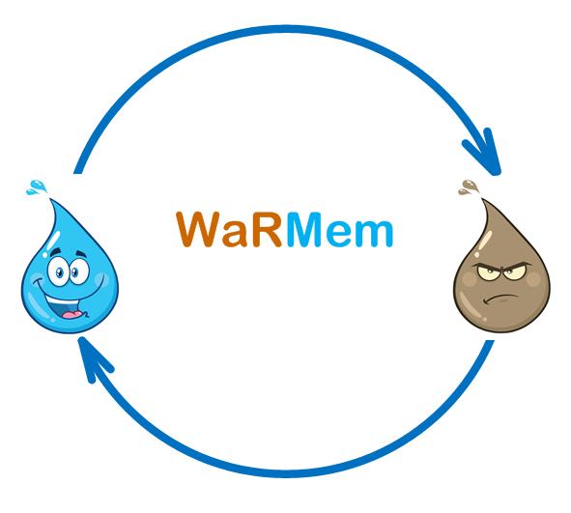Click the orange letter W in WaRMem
click(x=198, y=229)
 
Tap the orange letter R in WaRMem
click(x=268, y=229)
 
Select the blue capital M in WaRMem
click(x=304, y=229)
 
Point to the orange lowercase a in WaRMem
click(x=237, y=234)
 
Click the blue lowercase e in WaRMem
click(x=339, y=234)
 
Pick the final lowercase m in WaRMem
click(x=375, y=234)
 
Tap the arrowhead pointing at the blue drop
click(x=94, y=358)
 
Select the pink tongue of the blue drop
click(x=71, y=314)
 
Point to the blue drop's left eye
click(x=59, y=271)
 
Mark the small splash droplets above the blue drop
click(x=37, y=186)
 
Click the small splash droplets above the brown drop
click(x=469, y=186)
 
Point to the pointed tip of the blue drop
click(x=50, y=200)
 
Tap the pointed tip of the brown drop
click(x=483, y=200)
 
